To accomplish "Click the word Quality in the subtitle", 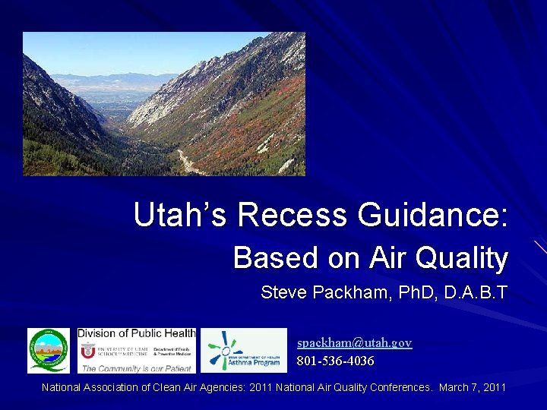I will [x=463, y=258].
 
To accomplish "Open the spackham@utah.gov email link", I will [x=354, y=343].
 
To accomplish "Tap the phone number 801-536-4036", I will [x=335, y=361].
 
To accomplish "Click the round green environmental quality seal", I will [x=48, y=351].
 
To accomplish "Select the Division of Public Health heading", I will [x=137, y=333].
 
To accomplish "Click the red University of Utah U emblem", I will [x=87, y=350].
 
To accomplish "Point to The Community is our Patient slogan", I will [x=137, y=367].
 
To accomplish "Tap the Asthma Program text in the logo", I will [x=255, y=364].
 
